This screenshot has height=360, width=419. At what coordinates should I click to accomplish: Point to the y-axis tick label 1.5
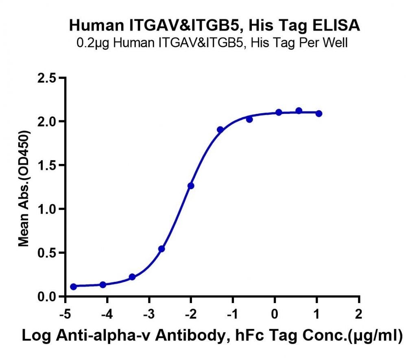[47, 165]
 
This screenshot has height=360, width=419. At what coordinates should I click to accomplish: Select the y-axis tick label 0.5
[47, 253]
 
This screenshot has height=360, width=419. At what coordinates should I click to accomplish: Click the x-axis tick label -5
[65, 314]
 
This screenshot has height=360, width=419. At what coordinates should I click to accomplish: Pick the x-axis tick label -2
[191, 314]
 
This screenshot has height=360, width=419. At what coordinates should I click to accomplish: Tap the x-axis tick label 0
[275, 314]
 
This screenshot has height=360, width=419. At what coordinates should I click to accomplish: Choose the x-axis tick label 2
[359, 314]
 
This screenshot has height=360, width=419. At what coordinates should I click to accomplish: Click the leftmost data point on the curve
[73, 286]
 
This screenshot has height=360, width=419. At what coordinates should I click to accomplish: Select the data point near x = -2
[191, 186]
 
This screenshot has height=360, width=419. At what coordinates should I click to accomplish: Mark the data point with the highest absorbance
[299, 111]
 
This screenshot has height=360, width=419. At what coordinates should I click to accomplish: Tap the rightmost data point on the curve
[319, 113]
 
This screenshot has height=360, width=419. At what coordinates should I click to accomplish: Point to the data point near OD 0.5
[161, 249]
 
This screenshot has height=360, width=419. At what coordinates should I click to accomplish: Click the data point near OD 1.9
[220, 130]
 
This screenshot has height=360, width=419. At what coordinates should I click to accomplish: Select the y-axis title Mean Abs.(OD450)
[24, 188]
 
